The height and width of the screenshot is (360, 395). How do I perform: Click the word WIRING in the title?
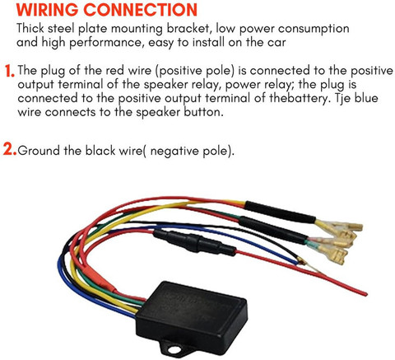point(47,10)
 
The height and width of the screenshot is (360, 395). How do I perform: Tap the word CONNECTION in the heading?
point(140,10)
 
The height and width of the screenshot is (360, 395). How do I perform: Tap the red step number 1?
point(10,71)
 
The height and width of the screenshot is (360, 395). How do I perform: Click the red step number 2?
point(10,150)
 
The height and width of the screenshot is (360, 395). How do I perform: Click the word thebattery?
point(300,98)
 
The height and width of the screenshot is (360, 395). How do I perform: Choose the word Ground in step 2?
point(39,151)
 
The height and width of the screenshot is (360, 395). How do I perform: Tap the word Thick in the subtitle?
point(30,28)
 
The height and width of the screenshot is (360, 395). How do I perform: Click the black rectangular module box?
point(192,313)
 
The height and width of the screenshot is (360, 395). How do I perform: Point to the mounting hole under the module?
point(174,349)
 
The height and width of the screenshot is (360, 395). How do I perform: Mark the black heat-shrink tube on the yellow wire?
point(280,212)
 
